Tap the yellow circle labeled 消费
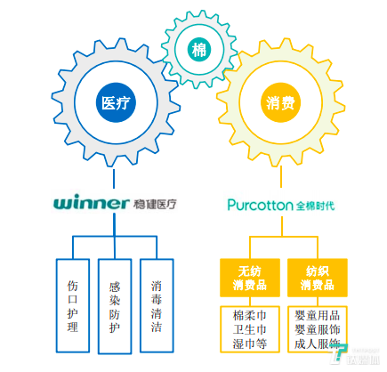pyautogui.click(x=280, y=101)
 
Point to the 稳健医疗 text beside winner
pyautogui.click(x=154, y=204)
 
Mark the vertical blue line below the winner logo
pyautogui.click(x=116, y=226)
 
